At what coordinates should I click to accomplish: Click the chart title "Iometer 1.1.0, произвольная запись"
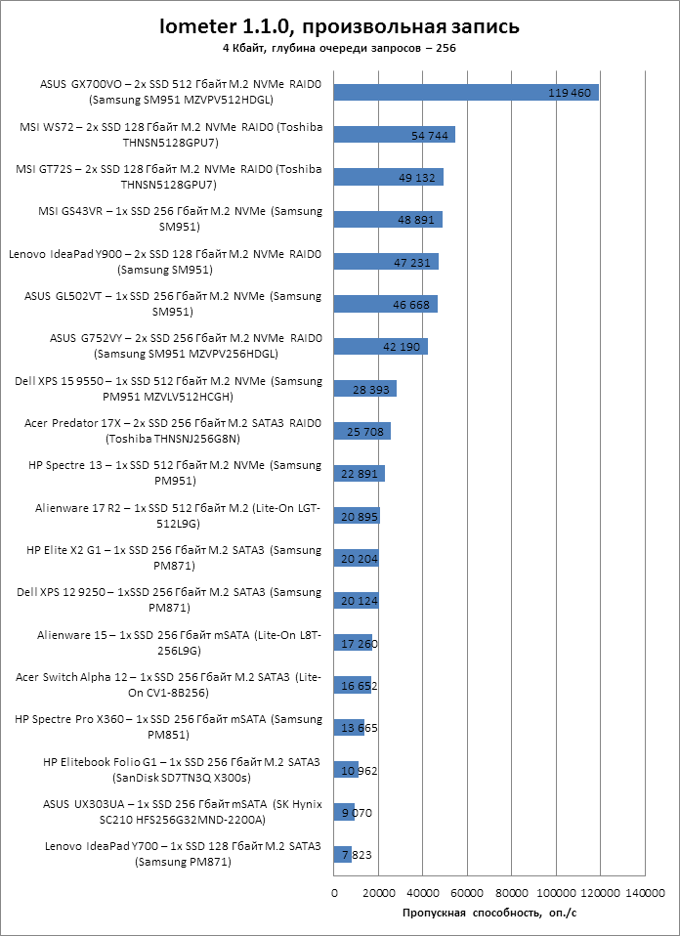[339, 25]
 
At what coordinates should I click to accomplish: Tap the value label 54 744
[430, 135]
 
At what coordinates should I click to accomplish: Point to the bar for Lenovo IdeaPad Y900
[385, 262]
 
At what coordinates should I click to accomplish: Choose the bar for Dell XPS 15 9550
[364, 389]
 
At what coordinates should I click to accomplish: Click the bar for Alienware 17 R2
[356, 516]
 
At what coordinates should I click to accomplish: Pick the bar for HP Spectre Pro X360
[348, 728]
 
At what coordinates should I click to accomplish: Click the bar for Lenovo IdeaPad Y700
[342, 855]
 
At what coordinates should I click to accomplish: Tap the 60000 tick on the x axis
[466, 893]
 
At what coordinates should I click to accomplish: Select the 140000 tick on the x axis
[644, 893]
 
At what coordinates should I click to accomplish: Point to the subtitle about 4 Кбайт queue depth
[339, 47]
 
